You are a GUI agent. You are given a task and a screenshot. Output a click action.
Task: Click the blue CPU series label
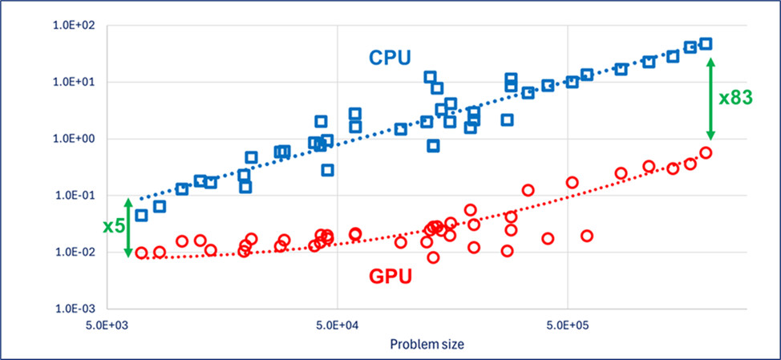click(x=390, y=58)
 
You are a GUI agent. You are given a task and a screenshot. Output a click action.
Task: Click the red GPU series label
click(x=390, y=277)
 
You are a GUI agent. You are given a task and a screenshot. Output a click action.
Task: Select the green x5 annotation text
click(x=114, y=226)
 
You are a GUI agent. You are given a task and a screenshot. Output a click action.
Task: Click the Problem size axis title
click(x=427, y=344)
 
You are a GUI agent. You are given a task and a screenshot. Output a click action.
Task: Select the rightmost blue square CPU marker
click(x=706, y=43)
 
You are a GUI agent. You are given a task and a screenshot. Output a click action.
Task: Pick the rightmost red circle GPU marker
click(x=706, y=152)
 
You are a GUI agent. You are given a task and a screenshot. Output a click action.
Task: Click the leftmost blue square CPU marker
click(x=141, y=215)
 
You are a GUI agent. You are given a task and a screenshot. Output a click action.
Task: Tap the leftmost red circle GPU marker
click(x=141, y=253)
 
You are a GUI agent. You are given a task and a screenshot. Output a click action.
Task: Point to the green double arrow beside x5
click(x=128, y=226)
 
